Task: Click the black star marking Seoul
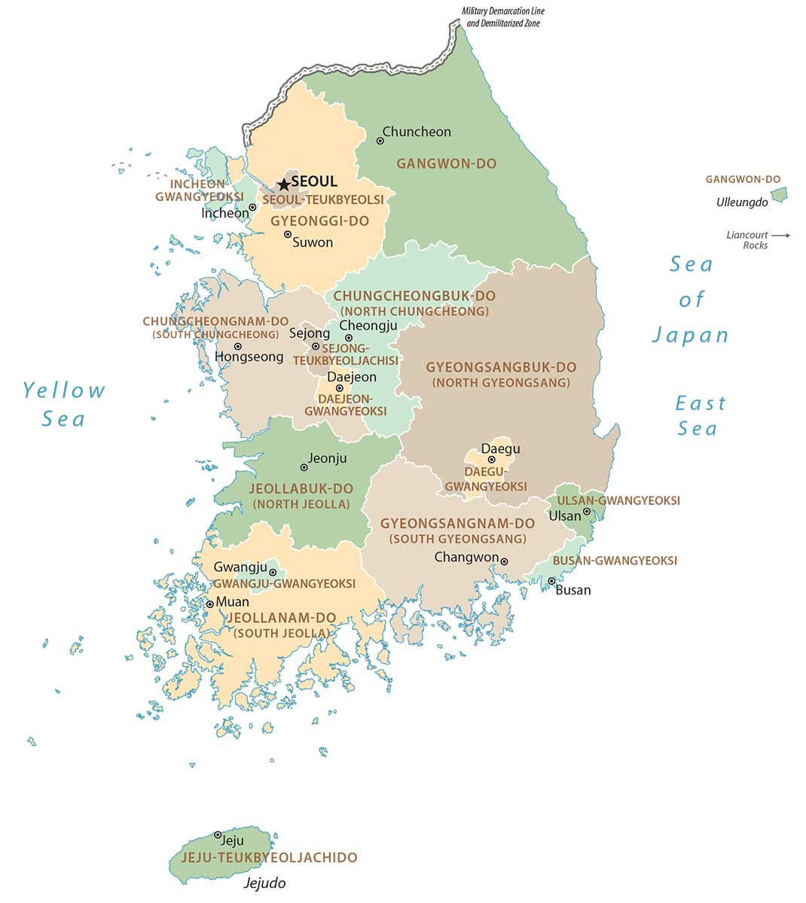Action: click(284, 184)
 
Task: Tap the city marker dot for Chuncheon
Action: click(380, 141)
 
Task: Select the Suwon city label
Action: click(312, 242)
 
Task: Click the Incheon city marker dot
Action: click(252, 207)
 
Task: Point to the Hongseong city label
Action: click(249, 357)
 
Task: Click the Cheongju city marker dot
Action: click(349, 338)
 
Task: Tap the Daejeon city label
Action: click(351, 376)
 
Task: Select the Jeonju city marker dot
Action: click(304, 467)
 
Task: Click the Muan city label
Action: click(232, 602)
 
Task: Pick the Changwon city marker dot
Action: click(504, 561)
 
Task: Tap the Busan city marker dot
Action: click(551, 581)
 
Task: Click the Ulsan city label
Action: click(564, 515)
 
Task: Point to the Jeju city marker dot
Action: click(218, 835)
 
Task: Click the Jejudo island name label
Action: click(264, 883)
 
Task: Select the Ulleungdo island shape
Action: click(779, 194)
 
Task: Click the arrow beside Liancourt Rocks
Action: click(781, 236)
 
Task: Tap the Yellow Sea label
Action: click(64, 404)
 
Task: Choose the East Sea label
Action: click(700, 415)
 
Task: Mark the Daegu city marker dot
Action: click(491, 459)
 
